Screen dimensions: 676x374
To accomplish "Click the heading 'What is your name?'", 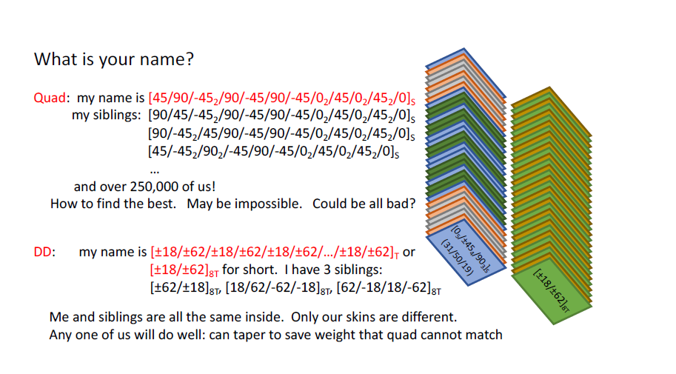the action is coord(114,59).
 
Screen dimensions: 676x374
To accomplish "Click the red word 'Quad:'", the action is coord(51,98).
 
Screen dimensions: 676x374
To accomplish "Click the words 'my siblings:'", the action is coord(107,116).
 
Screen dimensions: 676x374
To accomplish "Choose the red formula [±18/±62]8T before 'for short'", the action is coord(184,270).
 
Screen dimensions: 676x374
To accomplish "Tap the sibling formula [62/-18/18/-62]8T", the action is coord(389,288).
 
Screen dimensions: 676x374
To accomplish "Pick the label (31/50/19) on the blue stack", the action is coord(458,258).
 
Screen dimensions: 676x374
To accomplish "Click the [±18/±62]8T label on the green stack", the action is coord(552,290).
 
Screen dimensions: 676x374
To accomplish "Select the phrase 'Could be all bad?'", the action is coord(364,204).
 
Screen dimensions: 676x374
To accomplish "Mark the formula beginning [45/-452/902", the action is coord(274,152).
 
